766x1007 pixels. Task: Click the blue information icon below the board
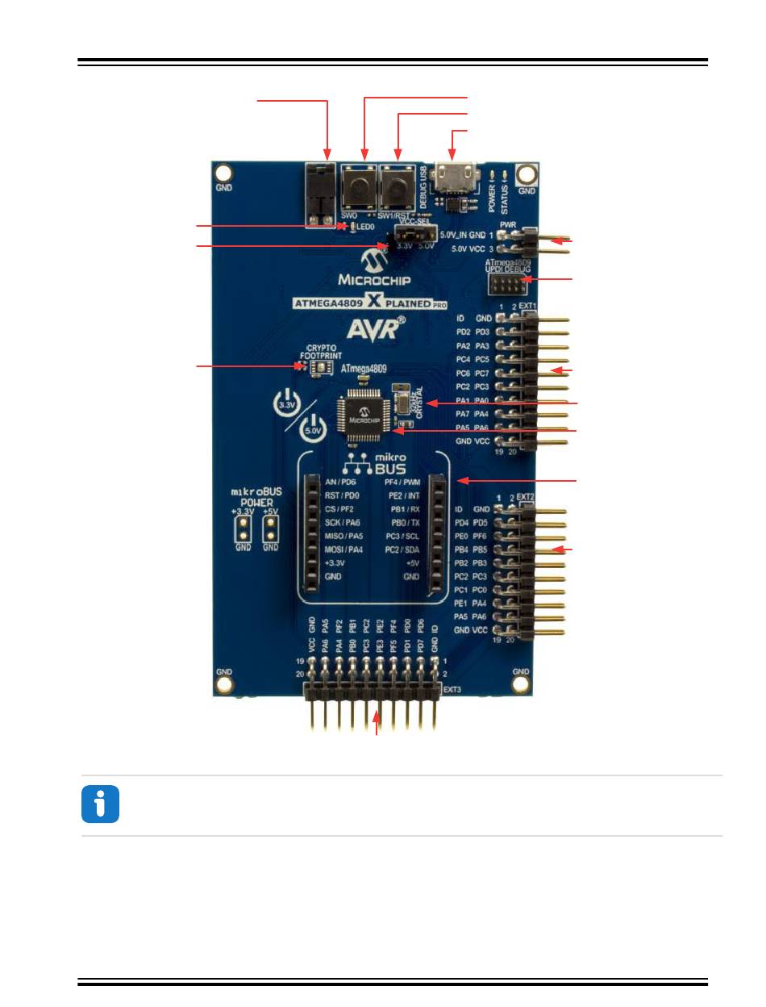[x=100, y=804]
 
